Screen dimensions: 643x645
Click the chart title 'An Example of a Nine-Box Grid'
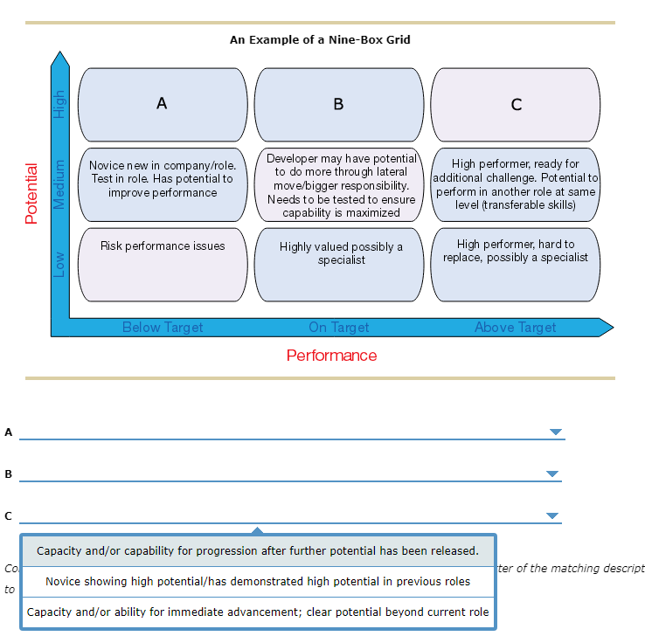click(320, 39)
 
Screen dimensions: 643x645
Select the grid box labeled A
click(163, 104)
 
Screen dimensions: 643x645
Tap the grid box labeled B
click(339, 104)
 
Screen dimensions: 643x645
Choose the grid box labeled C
click(516, 104)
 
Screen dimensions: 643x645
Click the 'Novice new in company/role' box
click(163, 183)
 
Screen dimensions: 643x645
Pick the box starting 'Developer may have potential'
click(339, 184)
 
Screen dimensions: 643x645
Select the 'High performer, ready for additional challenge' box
click(516, 184)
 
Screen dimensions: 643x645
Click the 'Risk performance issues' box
click(163, 264)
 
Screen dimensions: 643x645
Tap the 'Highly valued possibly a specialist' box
click(339, 264)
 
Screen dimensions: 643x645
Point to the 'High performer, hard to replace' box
click(516, 264)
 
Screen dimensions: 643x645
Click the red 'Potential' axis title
click(32, 193)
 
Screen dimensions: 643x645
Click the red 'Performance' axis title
click(331, 356)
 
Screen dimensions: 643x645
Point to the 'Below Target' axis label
click(163, 328)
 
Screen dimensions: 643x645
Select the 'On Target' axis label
click(339, 328)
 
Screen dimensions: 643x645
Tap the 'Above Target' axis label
click(516, 328)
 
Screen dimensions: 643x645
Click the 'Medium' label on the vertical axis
click(59, 184)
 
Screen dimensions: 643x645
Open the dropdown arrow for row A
click(555, 432)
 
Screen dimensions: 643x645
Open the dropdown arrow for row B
click(551, 474)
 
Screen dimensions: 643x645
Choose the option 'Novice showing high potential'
click(258, 582)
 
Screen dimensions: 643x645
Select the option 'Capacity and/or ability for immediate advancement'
click(258, 612)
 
